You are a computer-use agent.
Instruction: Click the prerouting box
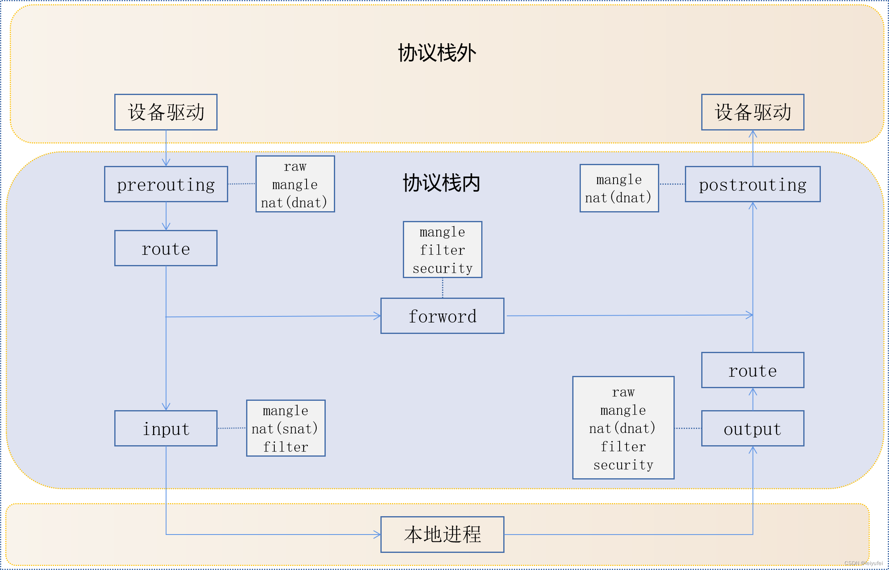tap(166, 184)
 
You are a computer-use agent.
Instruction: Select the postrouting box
tap(752, 184)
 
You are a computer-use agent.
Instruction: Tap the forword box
tap(442, 316)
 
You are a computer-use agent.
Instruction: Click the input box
tap(166, 429)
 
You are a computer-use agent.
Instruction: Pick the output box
tap(752, 429)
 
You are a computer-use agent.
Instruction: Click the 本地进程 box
tap(442, 535)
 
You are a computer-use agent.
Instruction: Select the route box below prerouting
tap(166, 248)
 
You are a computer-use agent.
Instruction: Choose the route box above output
tap(752, 370)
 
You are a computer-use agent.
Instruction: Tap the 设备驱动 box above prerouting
tap(166, 112)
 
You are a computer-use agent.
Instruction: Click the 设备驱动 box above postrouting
tap(752, 112)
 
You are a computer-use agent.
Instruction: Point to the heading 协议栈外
tap(437, 53)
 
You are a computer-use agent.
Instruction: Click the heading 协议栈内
tap(441, 183)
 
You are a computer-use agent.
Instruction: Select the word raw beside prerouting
tap(295, 166)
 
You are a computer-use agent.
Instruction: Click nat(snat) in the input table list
tap(285, 429)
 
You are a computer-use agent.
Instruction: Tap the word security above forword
tap(442, 268)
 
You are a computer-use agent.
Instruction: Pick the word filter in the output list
tap(623, 446)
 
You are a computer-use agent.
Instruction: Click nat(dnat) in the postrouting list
tap(618, 198)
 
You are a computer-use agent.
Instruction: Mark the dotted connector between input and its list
tap(231, 428)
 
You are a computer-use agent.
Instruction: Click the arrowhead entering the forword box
tap(377, 316)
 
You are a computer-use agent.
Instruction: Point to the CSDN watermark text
tap(863, 563)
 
